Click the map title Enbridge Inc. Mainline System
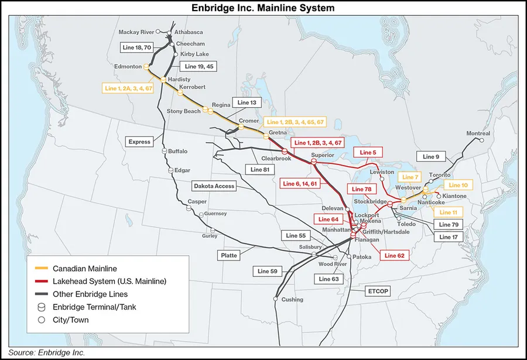coord(263,8)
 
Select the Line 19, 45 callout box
coord(199,67)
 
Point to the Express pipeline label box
coord(140,142)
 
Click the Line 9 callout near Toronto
coord(430,157)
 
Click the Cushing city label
coord(293,300)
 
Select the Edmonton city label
coord(129,67)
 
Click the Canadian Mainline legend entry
coord(79,269)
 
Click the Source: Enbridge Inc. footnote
coord(47,353)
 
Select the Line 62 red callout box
coord(394,256)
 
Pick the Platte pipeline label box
coord(228,256)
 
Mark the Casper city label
coord(197,201)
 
